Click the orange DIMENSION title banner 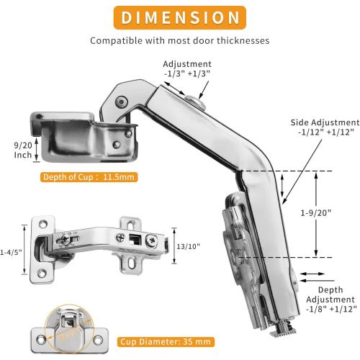tap(180, 17)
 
